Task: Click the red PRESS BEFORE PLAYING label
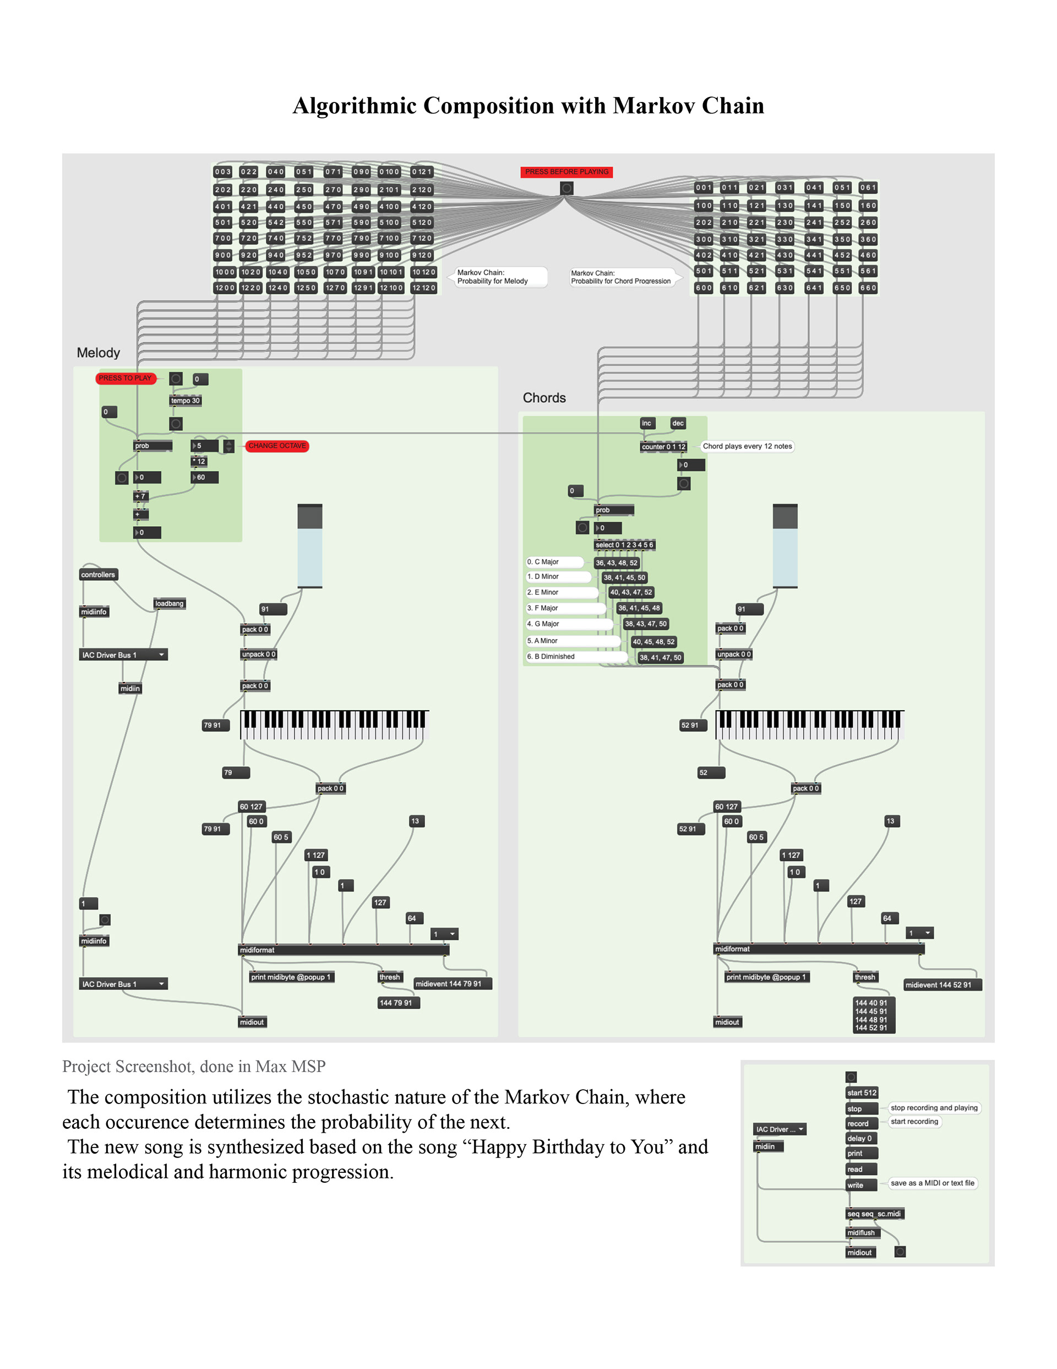click(566, 172)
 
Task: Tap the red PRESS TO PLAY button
click(126, 378)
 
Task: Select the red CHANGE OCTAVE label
click(277, 446)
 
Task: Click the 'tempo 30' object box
click(186, 401)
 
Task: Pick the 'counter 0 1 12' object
click(663, 446)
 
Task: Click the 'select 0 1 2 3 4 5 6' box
click(624, 545)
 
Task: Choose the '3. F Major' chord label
click(543, 608)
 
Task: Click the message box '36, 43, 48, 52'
click(617, 562)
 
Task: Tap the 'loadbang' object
click(169, 603)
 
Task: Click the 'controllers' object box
click(99, 574)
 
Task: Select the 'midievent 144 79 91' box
click(453, 983)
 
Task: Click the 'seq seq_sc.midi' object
click(874, 1214)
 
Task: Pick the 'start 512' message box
click(862, 1092)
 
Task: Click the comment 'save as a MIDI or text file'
click(933, 1183)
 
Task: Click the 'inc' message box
click(647, 423)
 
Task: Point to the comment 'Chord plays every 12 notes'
click(747, 446)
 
